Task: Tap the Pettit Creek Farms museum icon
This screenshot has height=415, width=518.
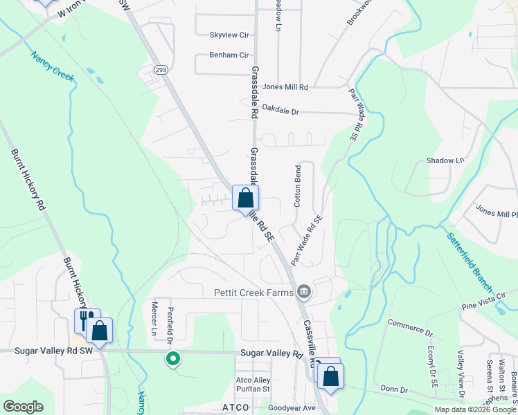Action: point(303,293)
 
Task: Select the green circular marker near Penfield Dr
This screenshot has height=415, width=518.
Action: point(173,359)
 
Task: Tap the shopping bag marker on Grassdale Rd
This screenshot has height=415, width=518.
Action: point(245,199)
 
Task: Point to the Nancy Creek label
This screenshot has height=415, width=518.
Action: point(52,68)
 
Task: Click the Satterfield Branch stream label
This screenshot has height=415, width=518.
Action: point(470,260)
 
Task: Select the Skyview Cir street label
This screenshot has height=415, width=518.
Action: point(229,35)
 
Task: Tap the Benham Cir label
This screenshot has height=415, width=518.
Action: point(229,55)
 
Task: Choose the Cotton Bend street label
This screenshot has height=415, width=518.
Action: point(298,185)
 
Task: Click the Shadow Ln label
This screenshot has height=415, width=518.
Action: point(445,160)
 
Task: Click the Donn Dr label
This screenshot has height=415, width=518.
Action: point(394,389)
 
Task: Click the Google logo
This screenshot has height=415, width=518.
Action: point(23,407)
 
